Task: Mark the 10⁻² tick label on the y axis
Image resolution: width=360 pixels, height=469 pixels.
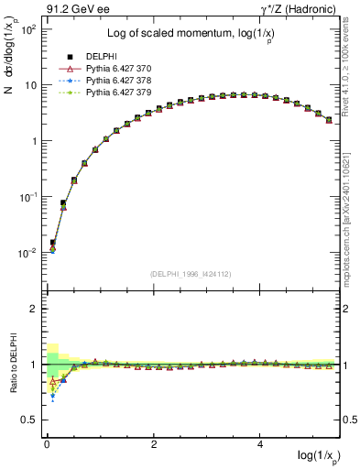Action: click(27, 253)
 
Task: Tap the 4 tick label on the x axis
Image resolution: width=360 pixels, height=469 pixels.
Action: click(262, 444)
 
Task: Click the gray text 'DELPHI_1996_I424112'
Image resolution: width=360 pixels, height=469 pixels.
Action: click(190, 273)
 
